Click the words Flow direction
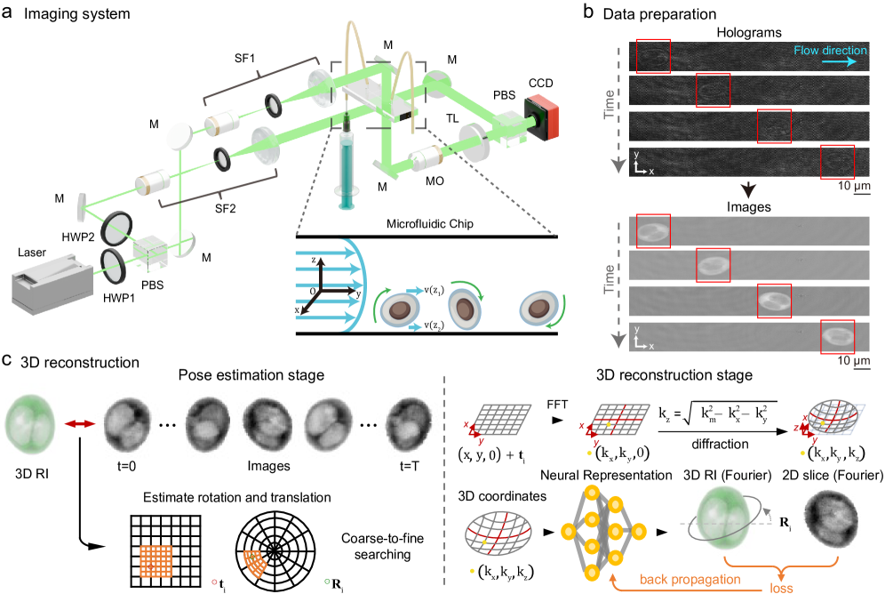(x=830, y=51)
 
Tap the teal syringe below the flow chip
(x=345, y=169)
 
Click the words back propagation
(x=691, y=579)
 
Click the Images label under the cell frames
(x=268, y=464)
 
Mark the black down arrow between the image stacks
(x=749, y=191)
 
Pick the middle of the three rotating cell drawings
(x=464, y=309)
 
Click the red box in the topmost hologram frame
(x=653, y=56)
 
